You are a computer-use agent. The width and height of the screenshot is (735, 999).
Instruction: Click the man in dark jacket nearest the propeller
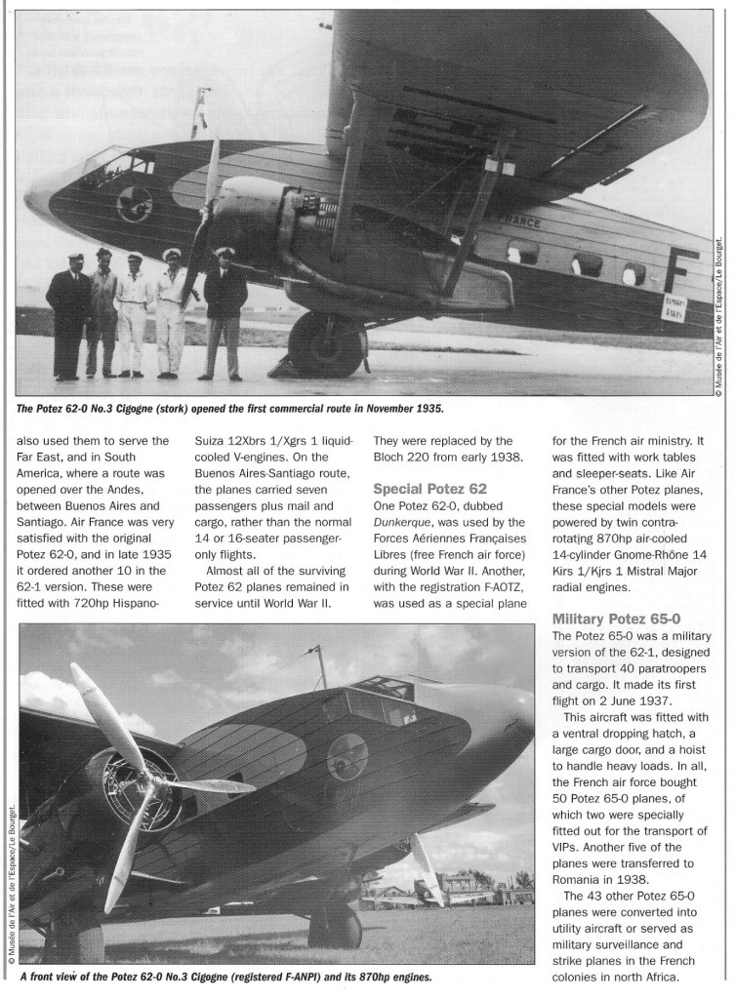pos(225,307)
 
